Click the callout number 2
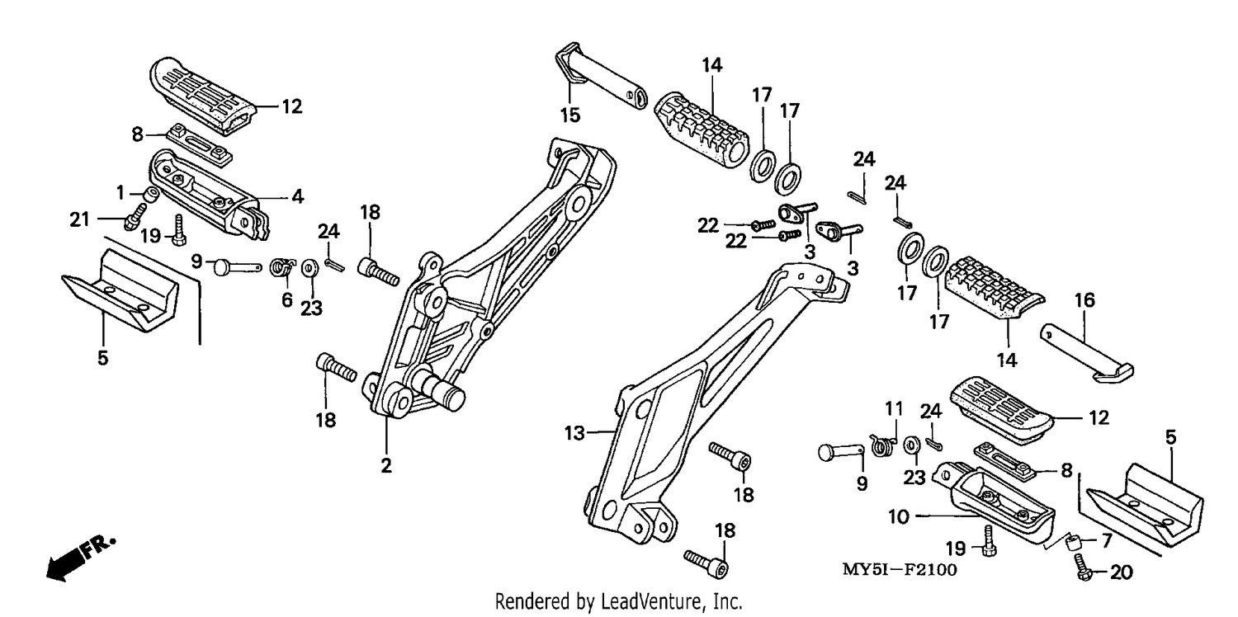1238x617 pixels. [x=385, y=466]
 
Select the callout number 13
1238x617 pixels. [x=574, y=433]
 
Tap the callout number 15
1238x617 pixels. [x=570, y=115]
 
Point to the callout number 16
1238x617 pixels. [x=1084, y=300]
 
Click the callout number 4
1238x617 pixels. [x=297, y=195]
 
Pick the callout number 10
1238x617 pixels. [x=899, y=517]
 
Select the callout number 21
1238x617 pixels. [x=79, y=219]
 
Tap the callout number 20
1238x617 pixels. [x=1122, y=572]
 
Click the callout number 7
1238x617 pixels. [x=1106, y=540]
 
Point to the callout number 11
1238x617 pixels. [x=894, y=409]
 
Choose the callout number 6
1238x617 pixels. [x=287, y=300]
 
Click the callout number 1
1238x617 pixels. [x=120, y=193]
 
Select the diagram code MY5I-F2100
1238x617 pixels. [x=900, y=569]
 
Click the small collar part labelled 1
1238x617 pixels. [x=150, y=195]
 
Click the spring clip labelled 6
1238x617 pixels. [x=282, y=267]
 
